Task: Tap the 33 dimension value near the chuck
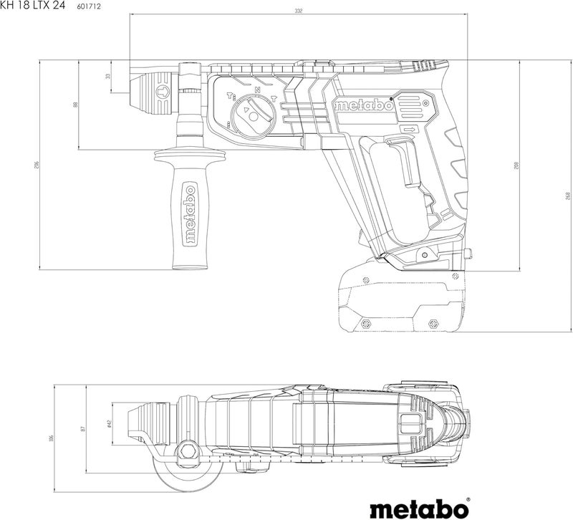coord(108,75)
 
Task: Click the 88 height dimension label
coord(75,105)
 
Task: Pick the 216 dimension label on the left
coord(37,165)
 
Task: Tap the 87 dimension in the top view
coord(83,428)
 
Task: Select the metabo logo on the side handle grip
coord(190,214)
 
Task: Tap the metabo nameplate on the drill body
coord(363,105)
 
